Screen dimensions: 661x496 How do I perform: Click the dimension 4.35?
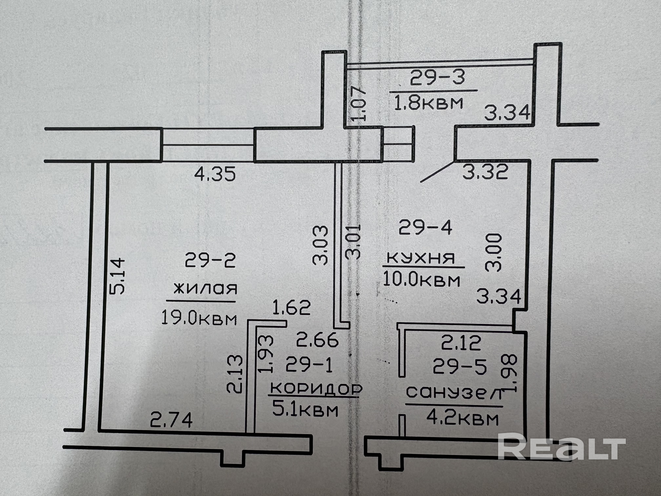click(215, 174)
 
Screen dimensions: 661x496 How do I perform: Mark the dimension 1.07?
click(358, 103)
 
